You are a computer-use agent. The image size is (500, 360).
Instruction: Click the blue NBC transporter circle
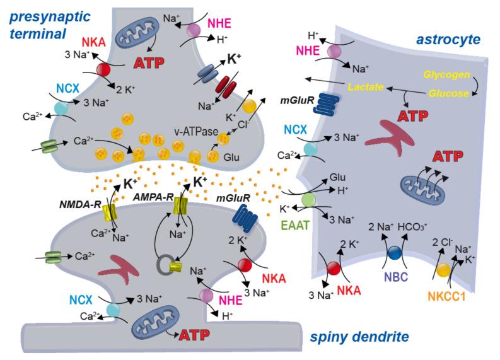tap(395, 252)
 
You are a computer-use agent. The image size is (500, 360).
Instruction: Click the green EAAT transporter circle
tap(308, 200)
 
